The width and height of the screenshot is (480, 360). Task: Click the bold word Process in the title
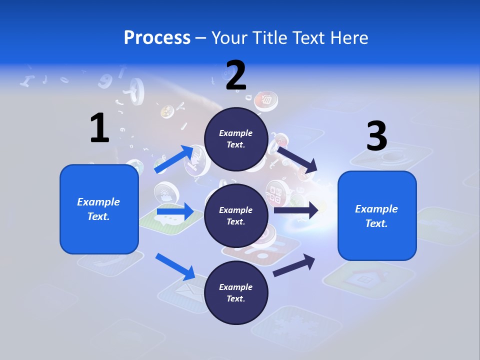157,38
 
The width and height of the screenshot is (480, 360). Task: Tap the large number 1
99,128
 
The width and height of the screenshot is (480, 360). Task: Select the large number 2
236,75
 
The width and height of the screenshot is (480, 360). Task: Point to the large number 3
377,136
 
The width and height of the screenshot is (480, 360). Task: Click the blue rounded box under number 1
99,209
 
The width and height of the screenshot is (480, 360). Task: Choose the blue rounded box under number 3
377,215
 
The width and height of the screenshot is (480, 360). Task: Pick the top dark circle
236,139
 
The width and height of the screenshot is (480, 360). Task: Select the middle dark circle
236,215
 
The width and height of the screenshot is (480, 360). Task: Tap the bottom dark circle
236,292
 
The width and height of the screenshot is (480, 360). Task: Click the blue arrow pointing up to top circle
174,159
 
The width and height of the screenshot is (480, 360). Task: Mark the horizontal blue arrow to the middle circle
175,212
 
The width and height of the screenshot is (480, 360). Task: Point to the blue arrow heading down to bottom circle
175,266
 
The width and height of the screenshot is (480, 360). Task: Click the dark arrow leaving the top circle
297,159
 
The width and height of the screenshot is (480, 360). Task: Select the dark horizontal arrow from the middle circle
296,210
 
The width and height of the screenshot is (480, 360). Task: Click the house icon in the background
364,278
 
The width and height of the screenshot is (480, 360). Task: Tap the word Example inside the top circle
236,133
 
